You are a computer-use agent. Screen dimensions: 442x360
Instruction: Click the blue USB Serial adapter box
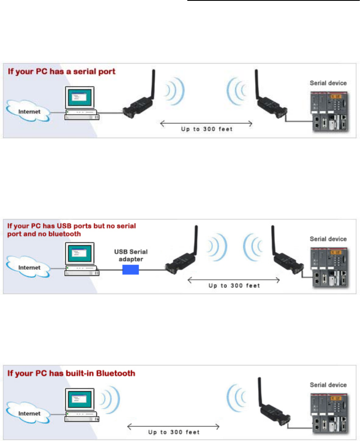click(130, 269)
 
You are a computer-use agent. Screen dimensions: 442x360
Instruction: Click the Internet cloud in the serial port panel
click(27, 111)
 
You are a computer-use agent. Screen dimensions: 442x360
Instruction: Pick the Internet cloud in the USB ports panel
click(27, 267)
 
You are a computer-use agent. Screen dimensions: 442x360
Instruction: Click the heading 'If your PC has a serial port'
click(61, 72)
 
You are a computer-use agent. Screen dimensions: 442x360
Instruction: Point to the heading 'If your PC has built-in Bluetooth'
click(71, 373)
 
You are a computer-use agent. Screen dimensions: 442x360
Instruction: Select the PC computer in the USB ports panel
click(80, 259)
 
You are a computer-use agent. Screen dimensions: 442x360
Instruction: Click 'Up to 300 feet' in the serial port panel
click(206, 129)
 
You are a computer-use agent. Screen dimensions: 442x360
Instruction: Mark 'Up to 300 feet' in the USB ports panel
click(234, 286)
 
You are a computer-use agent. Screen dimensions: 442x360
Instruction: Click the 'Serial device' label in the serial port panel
click(328, 83)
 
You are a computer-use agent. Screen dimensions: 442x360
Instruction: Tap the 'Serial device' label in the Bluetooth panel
click(328, 385)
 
